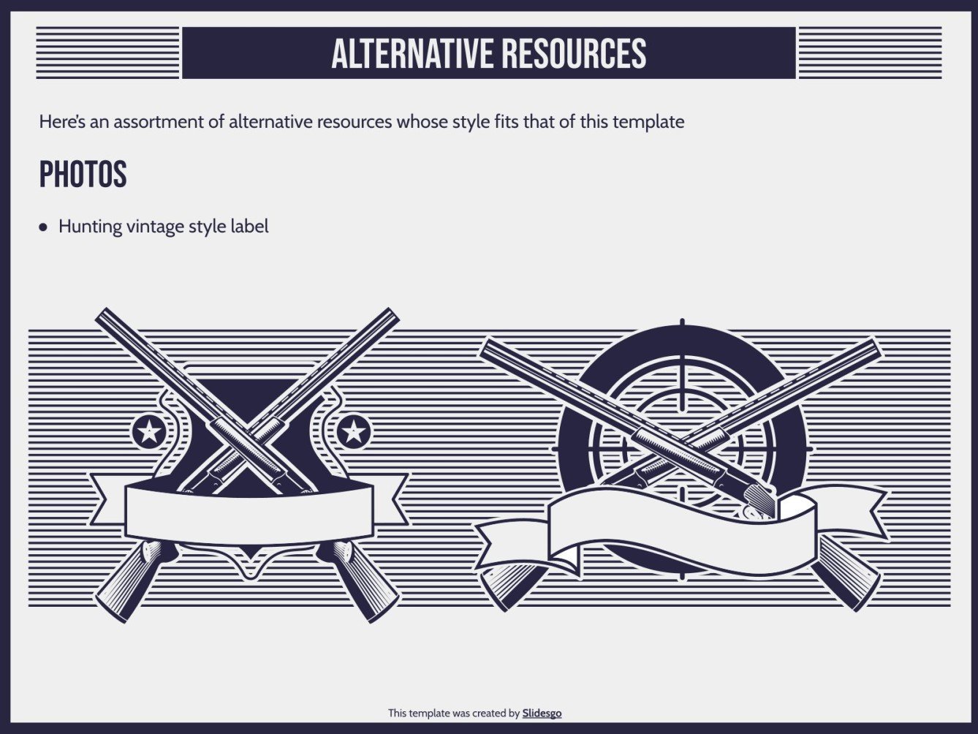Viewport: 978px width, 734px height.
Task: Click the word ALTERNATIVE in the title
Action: point(412,53)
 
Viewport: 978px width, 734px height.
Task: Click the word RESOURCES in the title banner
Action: point(574,53)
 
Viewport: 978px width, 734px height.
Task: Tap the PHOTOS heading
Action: point(83,174)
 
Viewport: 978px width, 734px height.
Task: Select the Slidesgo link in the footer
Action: point(542,713)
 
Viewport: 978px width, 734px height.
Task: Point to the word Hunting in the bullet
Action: point(91,227)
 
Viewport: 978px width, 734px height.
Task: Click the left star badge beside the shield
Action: point(149,431)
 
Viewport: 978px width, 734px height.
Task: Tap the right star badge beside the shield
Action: point(353,431)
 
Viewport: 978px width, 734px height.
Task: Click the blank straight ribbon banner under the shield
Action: point(249,512)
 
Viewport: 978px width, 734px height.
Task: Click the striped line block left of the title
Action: point(107,53)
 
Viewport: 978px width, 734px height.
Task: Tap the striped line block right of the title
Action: point(870,53)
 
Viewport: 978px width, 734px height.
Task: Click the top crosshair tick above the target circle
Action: point(682,325)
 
